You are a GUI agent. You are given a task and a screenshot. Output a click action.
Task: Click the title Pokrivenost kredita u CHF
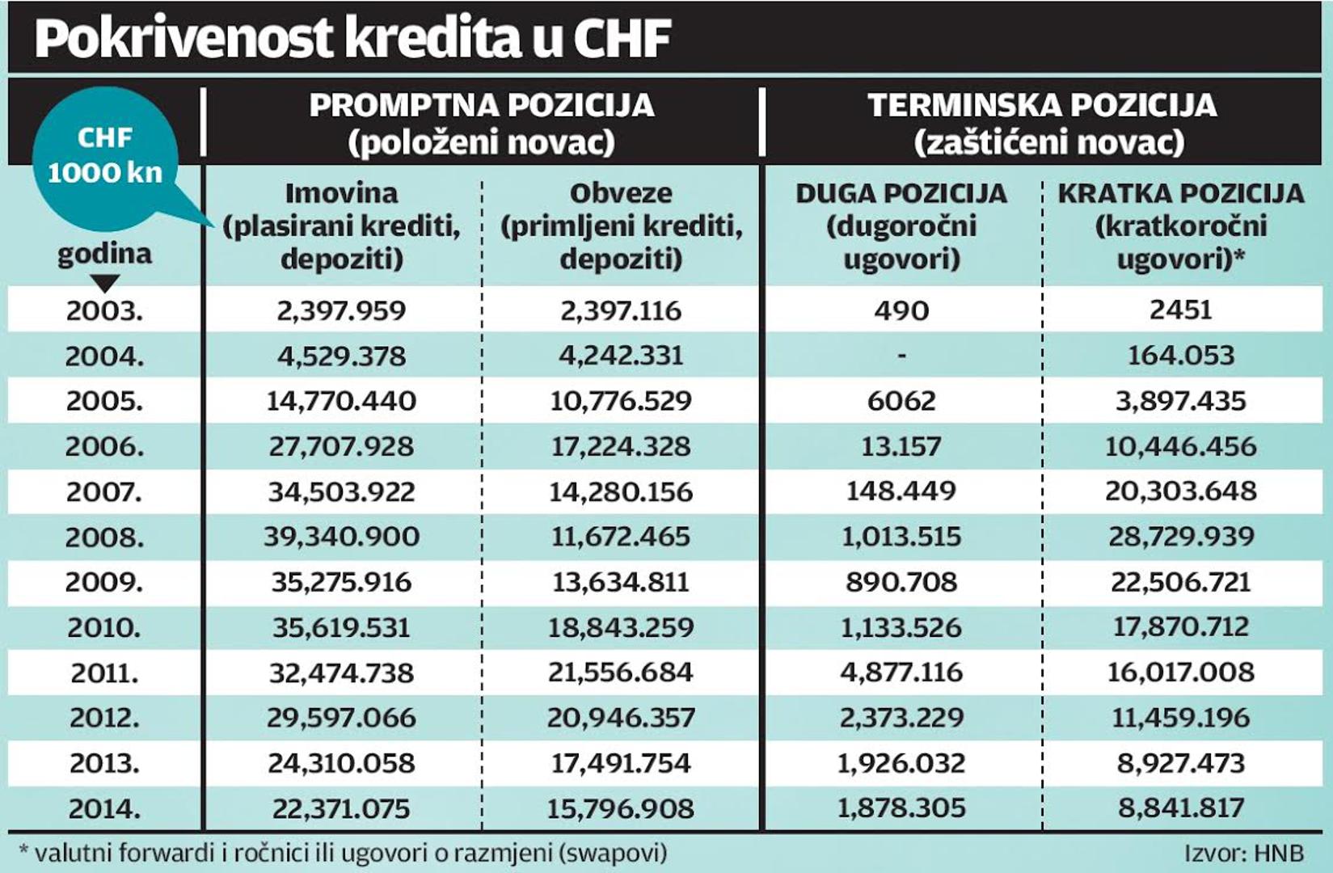[353, 38]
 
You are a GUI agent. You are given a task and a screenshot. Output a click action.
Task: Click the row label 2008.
[105, 538]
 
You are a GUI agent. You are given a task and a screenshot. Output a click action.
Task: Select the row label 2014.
[105, 808]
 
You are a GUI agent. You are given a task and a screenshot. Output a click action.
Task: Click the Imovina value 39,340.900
[342, 537]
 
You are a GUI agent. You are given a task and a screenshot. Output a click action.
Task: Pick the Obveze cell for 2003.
[621, 310]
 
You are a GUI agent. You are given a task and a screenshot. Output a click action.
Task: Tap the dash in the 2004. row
[901, 356]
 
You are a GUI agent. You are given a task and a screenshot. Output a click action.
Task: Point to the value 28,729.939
[1180, 537]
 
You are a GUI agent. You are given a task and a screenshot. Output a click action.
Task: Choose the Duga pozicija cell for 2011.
[901, 673]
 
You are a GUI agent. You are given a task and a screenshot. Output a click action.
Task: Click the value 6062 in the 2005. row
[901, 401]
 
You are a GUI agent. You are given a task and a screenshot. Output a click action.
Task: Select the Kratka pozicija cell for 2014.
[1180, 808]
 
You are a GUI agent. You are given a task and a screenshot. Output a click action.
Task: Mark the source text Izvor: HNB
[1244, 854]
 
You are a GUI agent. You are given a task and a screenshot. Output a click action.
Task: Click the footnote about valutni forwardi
[343, 853]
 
